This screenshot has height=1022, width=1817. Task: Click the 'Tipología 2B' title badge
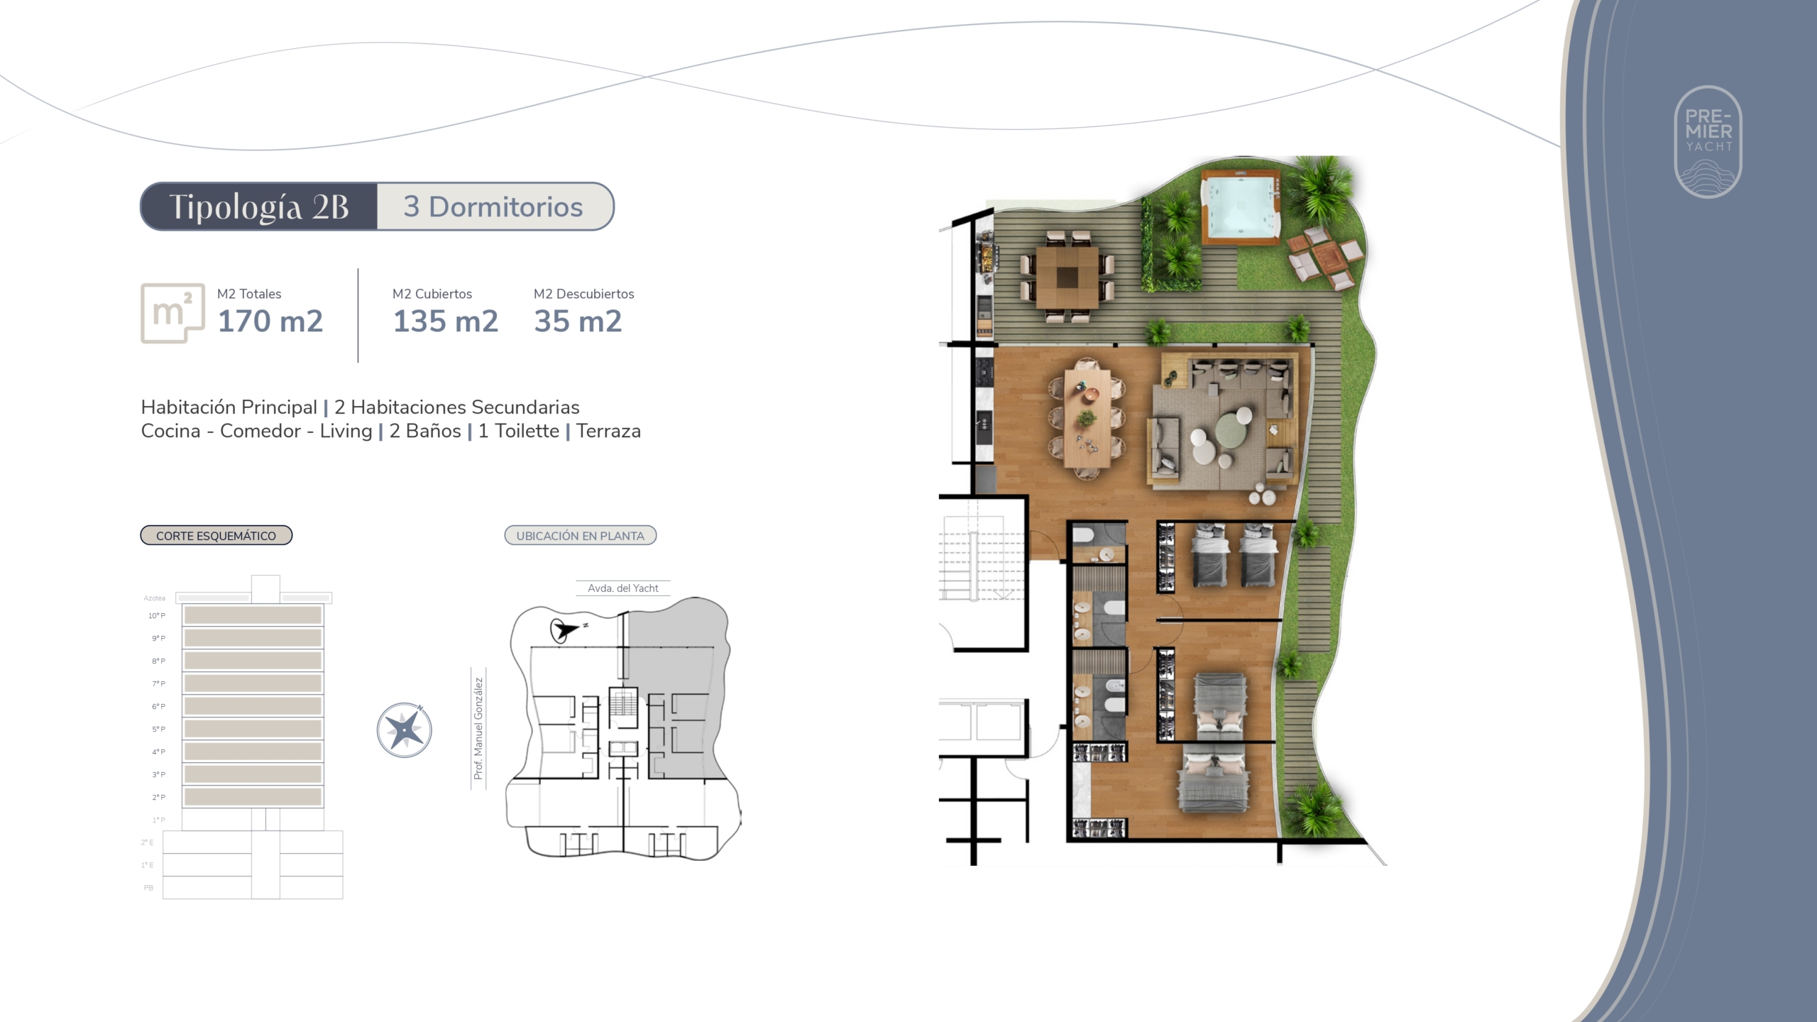[x=259, y=207]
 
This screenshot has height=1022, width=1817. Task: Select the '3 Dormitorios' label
[x=493, y=207]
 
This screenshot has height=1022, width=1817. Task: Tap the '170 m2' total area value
[x=270, y=321]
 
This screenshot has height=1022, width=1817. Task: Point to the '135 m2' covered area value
[x=446, y=321]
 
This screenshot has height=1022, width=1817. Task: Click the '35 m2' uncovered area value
[x=578, y=321]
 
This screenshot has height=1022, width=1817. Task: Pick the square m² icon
[x=172, y=313]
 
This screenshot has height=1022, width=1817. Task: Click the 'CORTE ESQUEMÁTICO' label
[x=216, y=536]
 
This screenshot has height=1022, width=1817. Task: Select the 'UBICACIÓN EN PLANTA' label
[x=581, y=536]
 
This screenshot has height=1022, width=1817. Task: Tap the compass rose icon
[x=405, y=730]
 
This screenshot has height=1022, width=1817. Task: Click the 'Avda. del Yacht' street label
[x=623, y=588]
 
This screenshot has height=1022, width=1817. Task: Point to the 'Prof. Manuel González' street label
[x=478, y=728]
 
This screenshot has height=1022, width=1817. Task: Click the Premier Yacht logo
[x=1708, y=142]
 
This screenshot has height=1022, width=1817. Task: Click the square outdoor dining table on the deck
[x=1066, y=277]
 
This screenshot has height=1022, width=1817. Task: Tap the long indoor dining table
[x=1087, y=419]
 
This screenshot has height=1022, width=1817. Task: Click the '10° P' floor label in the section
[x=157, y=615]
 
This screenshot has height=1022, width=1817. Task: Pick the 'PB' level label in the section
[x=148, y=888]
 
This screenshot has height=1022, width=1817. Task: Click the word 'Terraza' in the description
[x=608, y=431]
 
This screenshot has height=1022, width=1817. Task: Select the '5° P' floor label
[x=158, y=729]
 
